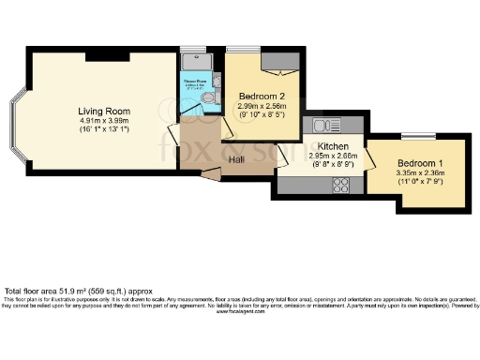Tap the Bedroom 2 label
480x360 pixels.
(261, 97)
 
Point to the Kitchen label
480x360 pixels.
(333, 147)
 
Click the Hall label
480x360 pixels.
(236, 159)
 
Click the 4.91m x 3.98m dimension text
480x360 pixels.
(100, 122)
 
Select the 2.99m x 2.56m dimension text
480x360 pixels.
(262, 107)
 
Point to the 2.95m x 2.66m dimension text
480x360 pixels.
(333, 157)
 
